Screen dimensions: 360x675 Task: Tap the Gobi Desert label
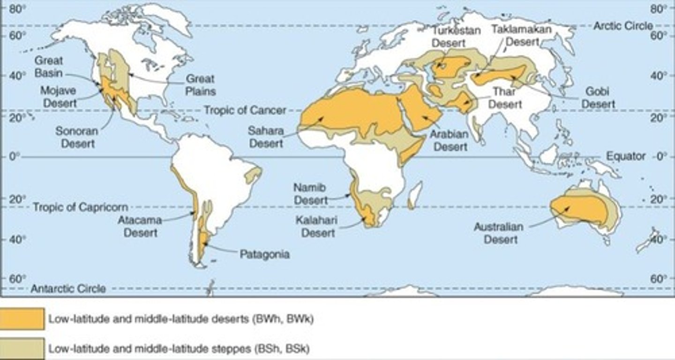click(598, 97)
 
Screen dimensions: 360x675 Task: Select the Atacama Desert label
click(140, 226)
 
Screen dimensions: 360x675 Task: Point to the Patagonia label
click(264, 255)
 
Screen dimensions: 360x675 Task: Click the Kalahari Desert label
click(318, 226)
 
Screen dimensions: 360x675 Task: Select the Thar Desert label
click(505, 98)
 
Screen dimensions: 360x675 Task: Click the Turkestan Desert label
click(449, 37)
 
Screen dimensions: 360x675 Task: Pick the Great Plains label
click(200, 84)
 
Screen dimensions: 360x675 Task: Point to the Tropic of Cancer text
click(245, 111)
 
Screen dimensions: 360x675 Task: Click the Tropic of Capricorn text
click(80, 207)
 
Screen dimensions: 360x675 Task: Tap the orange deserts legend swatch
click(22, 319)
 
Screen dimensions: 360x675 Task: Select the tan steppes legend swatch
click(22, 349)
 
